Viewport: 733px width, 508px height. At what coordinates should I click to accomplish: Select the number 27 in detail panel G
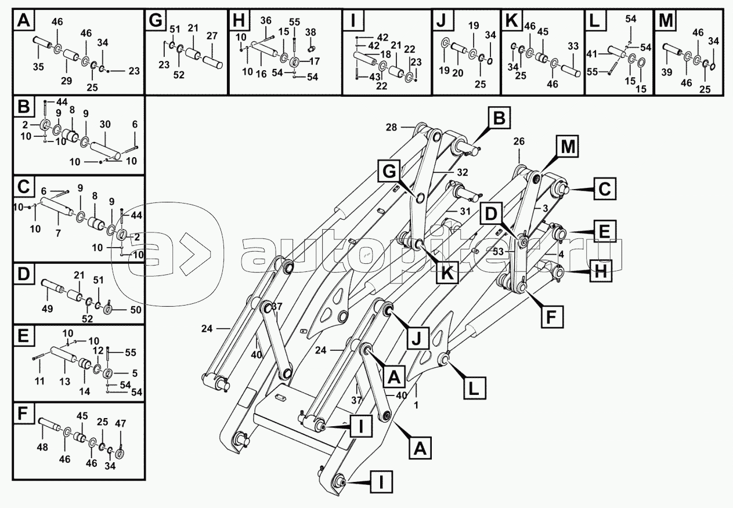click(212, 36)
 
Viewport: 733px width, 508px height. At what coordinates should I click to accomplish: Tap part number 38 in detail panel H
click(310, 32)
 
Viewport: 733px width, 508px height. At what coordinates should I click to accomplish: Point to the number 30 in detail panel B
click(106, 124)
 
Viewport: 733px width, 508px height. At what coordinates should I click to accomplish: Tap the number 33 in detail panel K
click(573, 46)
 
